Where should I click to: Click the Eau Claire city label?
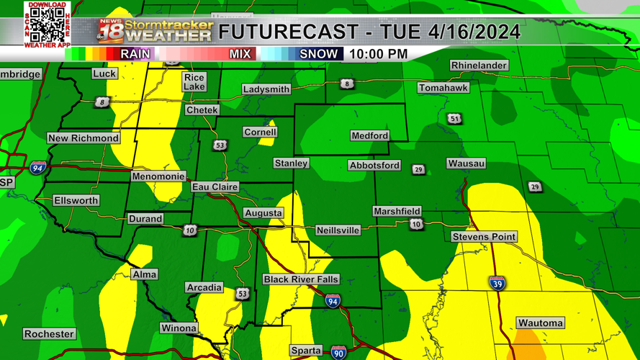pyautogui.click(x=215, y=187)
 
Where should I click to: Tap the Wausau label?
pyautogui.click(x=466, y=163)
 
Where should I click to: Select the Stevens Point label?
pyautogui.click(x=484, y=237)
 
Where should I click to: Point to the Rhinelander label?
pyautogui.click(x=479, y=66)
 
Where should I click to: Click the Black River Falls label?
pyautogui.click(x=300, y=279)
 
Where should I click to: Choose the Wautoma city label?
pyautogui.click(x=540, y=323)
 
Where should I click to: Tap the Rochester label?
pyautogui.click(x=49, y=334)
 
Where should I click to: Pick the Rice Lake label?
pyautogui.click(x=194, y=82)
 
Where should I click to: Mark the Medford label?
pyautogui.click(x=369, y=135)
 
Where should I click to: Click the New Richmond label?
pyautogui.click(x=83, y=138)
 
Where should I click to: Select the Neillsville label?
pyautogui.click(x=338, y=230)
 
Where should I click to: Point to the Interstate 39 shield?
pyautogui.click(x=497, y=283)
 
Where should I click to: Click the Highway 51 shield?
pyautogui.click(x=454, y=119)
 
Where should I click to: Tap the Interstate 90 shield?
pyautogui.click(x=338, y=352)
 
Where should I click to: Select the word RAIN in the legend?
pyautogui.click(x=135, y=54)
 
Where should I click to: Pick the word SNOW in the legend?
pyautogui.click(x=318, y=54)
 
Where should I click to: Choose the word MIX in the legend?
pyautogui.click(x=240, y=54)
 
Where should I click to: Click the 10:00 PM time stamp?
pyautogui.click(x=378, y=54)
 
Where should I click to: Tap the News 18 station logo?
pyautogui.click(x=110, y=31)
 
